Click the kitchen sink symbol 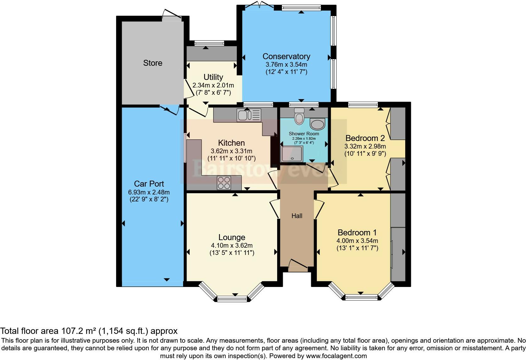point(249,115)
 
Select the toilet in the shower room point(299,116)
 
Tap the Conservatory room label point(286,56)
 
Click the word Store point(153,63)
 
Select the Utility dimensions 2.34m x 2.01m point(213,85)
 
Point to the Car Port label point(149,184)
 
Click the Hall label point(297,216)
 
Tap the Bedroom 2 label point(365,138)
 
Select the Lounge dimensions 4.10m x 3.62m point(232,245)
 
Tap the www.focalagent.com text point(336,356)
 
